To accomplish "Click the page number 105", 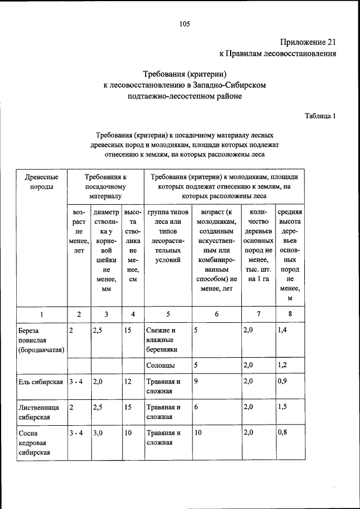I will coord(185,24).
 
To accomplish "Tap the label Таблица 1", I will coord(320,116).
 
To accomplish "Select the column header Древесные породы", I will coord(40,182).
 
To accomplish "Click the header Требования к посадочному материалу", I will coord(105,187).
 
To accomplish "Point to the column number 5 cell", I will coord(167,314).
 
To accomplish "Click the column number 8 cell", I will coord(290,314).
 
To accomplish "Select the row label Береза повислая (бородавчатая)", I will coord(40,340).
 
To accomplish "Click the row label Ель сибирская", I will coord(41,382).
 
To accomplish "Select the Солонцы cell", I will coord(160,366).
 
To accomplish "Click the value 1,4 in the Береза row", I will coord(282,331).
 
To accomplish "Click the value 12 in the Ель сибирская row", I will coord(128,382).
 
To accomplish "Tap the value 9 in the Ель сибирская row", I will coord(195,382).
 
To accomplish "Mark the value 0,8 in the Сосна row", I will coord(282,434).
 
